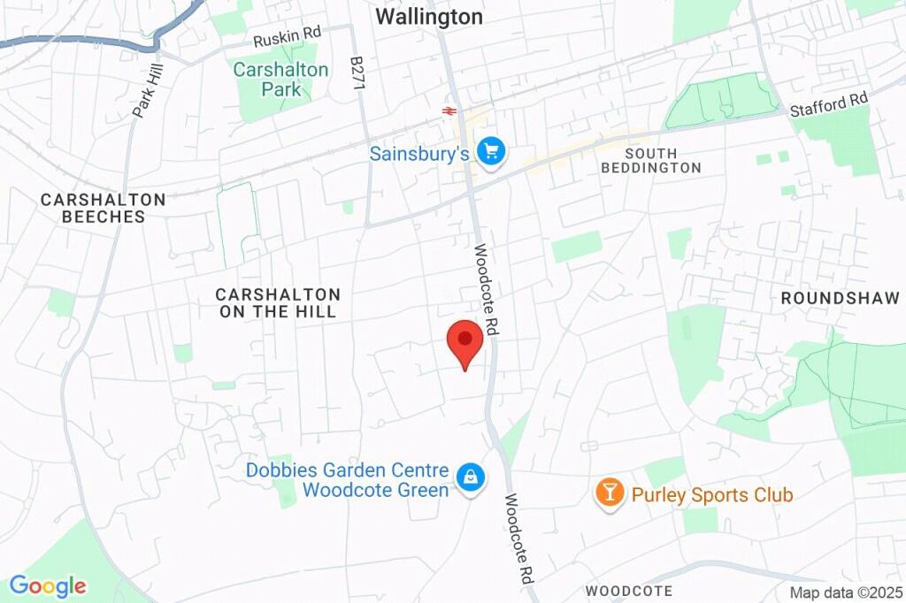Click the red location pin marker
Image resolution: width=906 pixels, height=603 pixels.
(465, 341)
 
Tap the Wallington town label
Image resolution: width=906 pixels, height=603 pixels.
(429, 17)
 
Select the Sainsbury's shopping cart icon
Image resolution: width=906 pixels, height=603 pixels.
(489, 151)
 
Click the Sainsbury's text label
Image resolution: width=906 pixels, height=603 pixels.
(418, 154)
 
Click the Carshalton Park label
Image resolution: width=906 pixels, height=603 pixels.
(280, 80)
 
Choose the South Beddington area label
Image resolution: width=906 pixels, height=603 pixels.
(650, 160)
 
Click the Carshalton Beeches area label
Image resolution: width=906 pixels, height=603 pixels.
(103, 208)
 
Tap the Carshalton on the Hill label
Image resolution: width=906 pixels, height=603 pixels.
(278, 302)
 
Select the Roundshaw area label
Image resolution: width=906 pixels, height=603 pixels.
(840, 299)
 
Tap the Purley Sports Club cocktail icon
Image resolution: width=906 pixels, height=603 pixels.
(610, 492)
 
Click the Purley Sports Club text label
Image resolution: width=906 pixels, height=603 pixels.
(711, 494)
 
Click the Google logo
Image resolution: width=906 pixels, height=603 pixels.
(47, 585)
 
